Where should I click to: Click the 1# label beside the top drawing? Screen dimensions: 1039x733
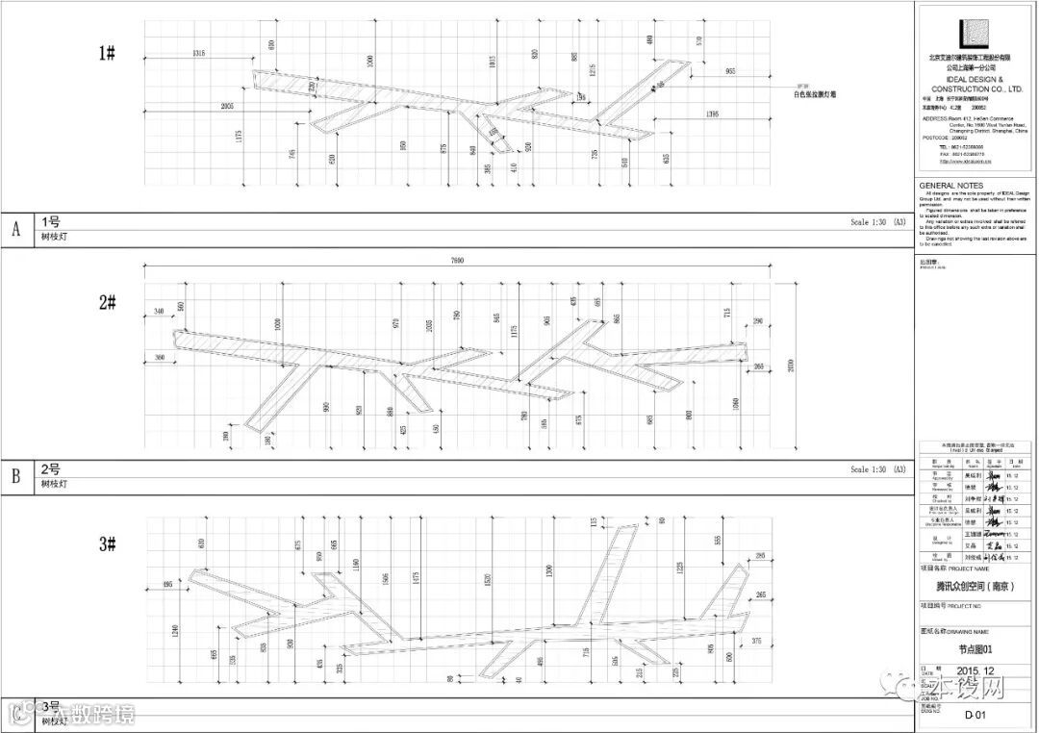(x=107, y=54)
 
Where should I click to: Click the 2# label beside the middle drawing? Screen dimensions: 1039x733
(x=107, y=302)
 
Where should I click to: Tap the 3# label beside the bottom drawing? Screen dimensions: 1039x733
(x=107, y=544)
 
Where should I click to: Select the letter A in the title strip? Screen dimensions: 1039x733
(x=15, y=230)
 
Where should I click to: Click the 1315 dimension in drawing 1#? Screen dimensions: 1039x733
(x=200, y=52)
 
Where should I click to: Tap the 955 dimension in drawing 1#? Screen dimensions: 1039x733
(x=730, y=72)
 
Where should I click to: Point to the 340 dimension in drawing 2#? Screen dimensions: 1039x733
(x=159, y=311)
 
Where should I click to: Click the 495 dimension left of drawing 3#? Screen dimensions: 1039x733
(x=167, y=584)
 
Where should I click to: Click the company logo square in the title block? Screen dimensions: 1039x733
(x=974, y=34)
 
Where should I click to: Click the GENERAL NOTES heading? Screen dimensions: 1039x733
(x=950, y=186)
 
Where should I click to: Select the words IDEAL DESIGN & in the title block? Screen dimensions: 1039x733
(x=974, y=80)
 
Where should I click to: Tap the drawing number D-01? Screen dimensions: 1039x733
(x=976, y=715)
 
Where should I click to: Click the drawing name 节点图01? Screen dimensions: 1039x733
(x=976, y=648)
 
